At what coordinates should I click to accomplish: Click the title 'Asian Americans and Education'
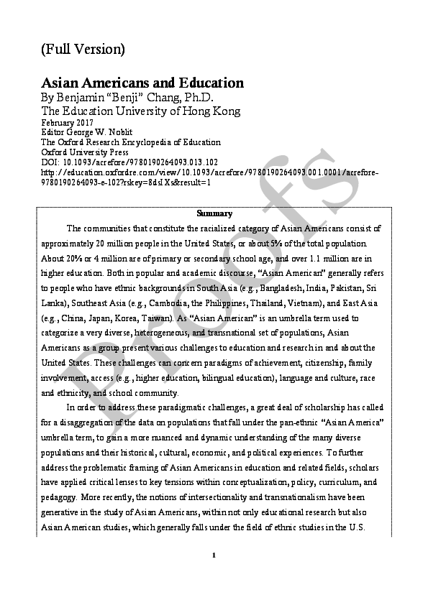click(142, 83)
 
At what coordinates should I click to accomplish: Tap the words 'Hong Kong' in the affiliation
click(213, 111)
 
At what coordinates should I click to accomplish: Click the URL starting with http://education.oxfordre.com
click(209, 172)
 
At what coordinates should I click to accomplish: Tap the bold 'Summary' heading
click(214, 213)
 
